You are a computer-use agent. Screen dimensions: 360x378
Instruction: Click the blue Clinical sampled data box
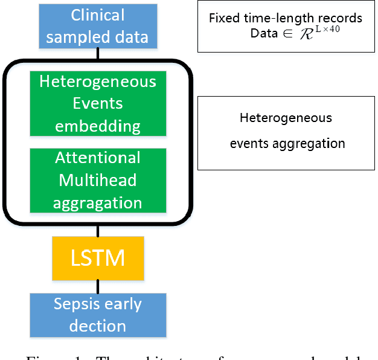pos(97,25)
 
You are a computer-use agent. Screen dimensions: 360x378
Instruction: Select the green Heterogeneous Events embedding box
pos(97,103)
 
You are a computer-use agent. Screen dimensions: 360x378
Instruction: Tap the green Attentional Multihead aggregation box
pos(97,180)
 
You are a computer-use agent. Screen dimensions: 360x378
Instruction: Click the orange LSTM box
pos(97,258)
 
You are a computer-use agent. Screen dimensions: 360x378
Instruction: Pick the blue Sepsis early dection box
pos(97,315)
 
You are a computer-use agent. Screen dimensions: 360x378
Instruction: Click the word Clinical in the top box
pos(97,15)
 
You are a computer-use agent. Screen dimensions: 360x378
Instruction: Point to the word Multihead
pos(97,180)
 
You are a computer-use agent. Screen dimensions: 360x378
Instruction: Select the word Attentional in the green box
pos(97,158)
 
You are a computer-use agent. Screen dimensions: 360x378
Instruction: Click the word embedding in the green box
pos(97,126)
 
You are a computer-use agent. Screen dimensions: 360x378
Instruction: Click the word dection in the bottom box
pos(97,326)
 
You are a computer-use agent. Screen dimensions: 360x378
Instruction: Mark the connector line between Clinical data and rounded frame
pos(97,54)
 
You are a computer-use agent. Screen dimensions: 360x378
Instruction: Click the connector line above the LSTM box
pos(97,231)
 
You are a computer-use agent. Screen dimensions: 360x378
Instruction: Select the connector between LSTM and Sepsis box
pos(97,286)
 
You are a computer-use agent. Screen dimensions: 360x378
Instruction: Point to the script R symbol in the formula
pos(307,33)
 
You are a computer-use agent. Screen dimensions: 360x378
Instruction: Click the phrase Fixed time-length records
pos(285,18)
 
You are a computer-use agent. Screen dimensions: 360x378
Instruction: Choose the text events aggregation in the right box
pos(287,144)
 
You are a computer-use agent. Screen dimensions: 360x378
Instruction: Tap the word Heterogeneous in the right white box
pos(286,117)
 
